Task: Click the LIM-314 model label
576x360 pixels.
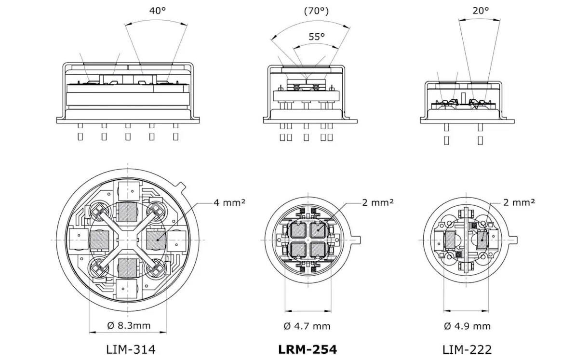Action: click(x=131, y=349)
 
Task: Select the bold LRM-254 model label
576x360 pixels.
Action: click(x=308, y=349)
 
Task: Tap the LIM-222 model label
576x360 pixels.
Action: click(x=467, y=349)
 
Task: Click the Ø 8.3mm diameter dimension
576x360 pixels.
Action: click(x=128, y=325)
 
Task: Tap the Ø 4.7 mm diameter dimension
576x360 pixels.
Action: click(x=307, y=326)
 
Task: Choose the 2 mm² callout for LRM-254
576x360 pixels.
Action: click(x=377, y=202)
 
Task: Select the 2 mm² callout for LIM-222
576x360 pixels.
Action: click(x=519, y=202)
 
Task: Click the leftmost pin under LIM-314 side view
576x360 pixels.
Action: click(x=80, y=136)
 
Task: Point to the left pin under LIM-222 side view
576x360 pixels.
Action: click(x=446, y=140)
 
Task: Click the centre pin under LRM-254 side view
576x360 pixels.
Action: click(x=306, y=137)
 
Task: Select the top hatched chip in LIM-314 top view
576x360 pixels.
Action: click(x=128, y=211)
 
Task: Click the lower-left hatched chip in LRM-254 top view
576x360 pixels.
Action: click(x=296, y=250)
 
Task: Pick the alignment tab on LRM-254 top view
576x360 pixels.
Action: click(x=357, y=240)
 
